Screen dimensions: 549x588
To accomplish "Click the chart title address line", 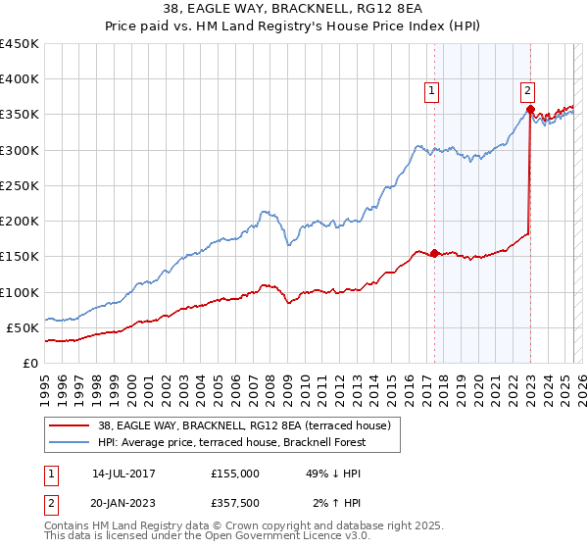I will [x=294, y=10].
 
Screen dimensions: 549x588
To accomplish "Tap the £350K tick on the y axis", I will [x=19, y=115].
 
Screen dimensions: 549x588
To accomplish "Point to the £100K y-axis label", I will [x=19, y=292].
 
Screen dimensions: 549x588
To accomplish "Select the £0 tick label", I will [x=30, y=363].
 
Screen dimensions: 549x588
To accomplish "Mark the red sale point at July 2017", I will [x=434, y=253].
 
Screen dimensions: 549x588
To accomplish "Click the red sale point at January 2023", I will [x=530, y=110].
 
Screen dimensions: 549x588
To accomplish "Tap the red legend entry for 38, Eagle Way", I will [x=245, y=425].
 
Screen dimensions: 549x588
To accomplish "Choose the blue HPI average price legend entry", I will [x=231, y=442].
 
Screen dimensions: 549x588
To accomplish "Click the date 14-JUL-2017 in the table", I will [x=123, y=473].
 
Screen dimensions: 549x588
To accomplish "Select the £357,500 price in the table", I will [x=240, y=503].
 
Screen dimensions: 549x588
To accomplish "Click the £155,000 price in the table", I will [x=235, y=473].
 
